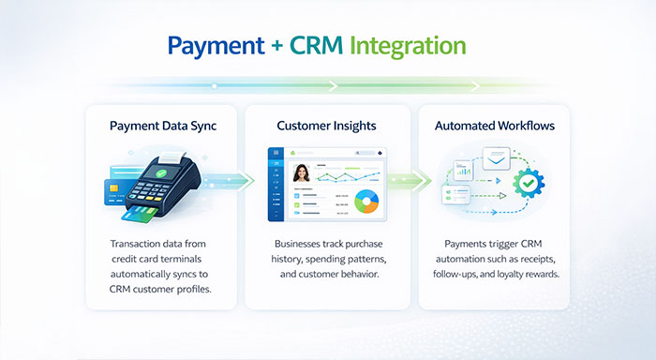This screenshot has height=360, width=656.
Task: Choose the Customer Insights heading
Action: (x=327, y=125)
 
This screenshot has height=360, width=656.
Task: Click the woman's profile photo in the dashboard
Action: (x=302, y=173)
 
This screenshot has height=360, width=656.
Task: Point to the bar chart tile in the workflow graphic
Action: (x=462, y=169)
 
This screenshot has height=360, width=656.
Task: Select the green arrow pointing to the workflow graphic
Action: (x=412, y=179)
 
